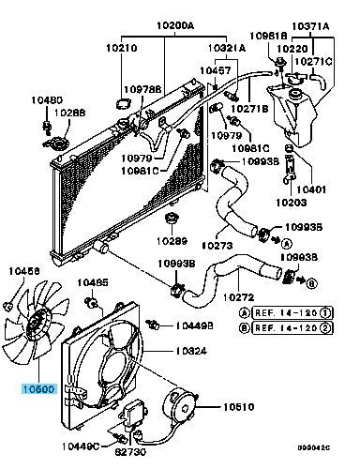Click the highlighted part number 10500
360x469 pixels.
[39, 389]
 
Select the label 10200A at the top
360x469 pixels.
[175, 25]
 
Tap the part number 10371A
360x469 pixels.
[310, 26]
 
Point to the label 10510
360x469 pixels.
[238, 407]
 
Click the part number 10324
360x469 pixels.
[191, 351]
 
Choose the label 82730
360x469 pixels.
[130, 452]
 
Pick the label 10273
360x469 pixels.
[217, 246]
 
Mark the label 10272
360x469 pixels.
[239, 296]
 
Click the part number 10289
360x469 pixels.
[172, 241]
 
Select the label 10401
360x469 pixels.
[311, 189]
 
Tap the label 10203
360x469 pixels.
[292, 203]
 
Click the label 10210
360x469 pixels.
[122, 48]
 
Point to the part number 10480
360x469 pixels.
[47, 100]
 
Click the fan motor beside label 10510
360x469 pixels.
[179, 405]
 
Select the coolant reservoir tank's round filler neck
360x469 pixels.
[294, 94]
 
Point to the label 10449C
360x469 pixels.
[81, 446]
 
